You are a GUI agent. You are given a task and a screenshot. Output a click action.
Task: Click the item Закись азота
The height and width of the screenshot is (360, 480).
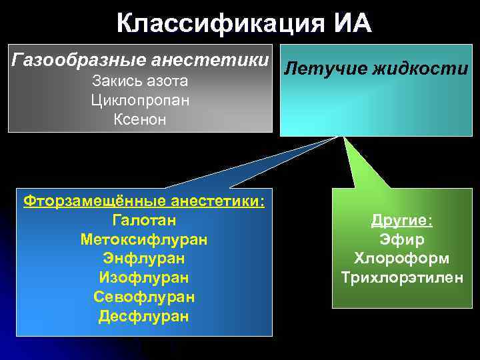tap(139, 81)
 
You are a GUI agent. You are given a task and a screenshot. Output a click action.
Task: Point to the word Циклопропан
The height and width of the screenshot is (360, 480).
tap(139, 101)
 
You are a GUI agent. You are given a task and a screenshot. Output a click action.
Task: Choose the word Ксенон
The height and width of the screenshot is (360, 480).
tap(139, 120)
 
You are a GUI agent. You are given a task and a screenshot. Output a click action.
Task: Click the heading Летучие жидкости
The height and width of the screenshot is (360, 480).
tap(376, 68)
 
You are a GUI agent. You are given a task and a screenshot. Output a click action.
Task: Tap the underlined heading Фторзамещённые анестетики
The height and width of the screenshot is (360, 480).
tap(144, 201)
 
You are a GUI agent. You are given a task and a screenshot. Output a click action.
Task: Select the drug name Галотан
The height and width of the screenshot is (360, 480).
tap(144, 219)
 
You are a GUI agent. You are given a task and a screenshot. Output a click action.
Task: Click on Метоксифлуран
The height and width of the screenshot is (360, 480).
tap(144, 239)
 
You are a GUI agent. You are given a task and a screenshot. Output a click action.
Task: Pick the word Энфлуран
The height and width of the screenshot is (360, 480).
tap(144, 258)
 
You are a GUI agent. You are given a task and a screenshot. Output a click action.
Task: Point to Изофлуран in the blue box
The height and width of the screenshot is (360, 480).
tap(144, 277)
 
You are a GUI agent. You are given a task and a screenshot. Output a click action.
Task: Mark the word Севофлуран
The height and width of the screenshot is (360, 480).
tap(144, 297)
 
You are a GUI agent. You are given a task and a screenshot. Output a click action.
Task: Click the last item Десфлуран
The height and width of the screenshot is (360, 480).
tap(144, 316)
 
